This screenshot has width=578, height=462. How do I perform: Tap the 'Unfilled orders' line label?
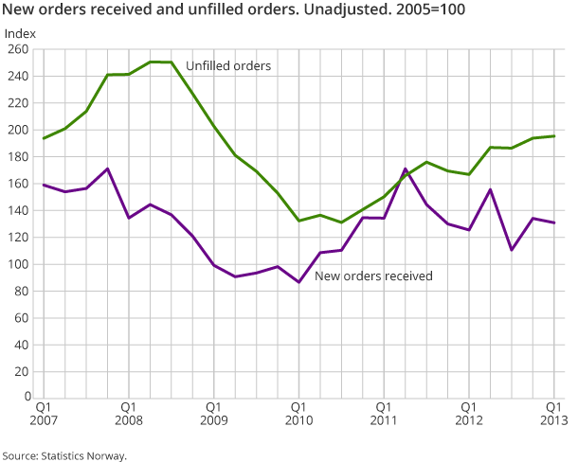tap(228, 66)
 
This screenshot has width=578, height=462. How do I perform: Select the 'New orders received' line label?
tap(373, 276)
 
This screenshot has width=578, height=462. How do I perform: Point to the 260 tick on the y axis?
tap(18, 49)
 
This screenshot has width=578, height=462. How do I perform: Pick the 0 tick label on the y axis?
tap(25, 399)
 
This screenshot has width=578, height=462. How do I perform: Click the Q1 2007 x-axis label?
tap(44, 413)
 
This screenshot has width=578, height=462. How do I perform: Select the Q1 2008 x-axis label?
tap(129, 413)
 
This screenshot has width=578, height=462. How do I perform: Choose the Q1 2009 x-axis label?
tap(213, 413)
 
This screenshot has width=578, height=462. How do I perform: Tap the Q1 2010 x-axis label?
tap(298, 413)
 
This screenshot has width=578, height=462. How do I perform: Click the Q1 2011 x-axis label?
tap(384, 413)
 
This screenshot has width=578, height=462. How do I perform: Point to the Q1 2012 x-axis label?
tap(469, 413)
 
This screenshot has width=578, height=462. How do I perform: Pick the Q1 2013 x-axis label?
tap(554, 413)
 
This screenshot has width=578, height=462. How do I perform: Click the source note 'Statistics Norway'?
tap(63, 455)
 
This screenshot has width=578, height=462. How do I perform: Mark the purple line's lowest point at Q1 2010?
tap(298, 282)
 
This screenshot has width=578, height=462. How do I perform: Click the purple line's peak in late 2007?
tap(107, 169)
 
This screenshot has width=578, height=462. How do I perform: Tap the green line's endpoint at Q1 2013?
tap(554, 136)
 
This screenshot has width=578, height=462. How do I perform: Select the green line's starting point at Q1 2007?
tap(44, 138)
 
